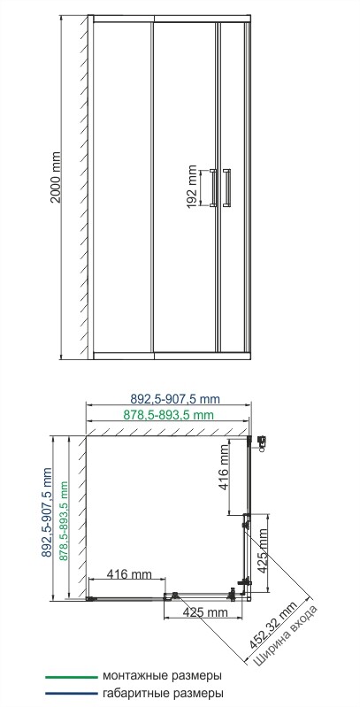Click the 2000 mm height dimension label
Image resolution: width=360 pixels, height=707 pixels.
point(56,184)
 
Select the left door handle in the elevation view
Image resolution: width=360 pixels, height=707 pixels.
point(212,187)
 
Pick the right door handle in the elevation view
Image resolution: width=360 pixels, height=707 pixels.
point(228,187)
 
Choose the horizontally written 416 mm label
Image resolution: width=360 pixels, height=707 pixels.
point(128,575)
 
